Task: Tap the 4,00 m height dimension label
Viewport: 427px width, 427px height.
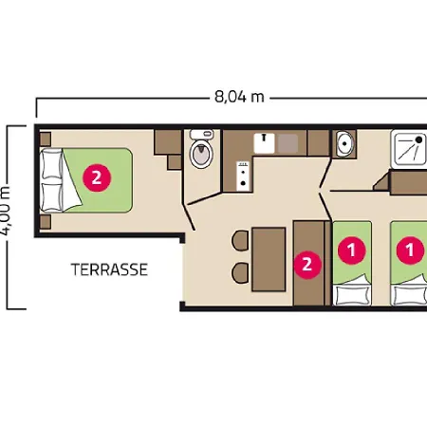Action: point(7,211)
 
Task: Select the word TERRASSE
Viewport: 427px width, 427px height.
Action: point(109,269)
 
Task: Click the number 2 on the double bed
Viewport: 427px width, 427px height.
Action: point(94,176)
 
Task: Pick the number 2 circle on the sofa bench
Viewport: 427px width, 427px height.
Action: point(305,264)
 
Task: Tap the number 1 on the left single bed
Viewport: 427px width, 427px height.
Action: point(352,251)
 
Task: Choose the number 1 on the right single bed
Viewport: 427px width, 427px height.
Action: point(410,251)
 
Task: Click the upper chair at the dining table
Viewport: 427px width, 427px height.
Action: point(239,239)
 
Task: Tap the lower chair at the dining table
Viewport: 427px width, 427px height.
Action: point(239,272)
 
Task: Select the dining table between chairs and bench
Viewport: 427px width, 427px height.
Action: point(269,259)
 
